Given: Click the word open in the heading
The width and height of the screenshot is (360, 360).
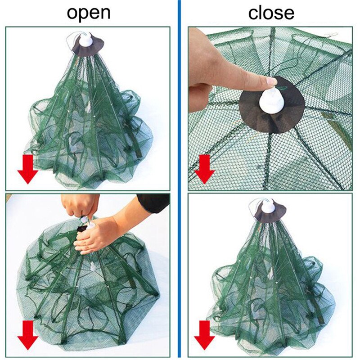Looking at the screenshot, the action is [89, 13].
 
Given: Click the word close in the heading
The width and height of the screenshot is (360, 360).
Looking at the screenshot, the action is [271, 13].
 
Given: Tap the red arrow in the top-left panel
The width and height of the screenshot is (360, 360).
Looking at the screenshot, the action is [28, 169].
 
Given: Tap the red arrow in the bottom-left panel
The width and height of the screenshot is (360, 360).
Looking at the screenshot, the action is [28, 335].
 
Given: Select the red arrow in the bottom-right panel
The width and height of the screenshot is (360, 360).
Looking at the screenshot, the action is [205, 335].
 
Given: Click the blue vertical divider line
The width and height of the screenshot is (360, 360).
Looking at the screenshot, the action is [179, 180].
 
